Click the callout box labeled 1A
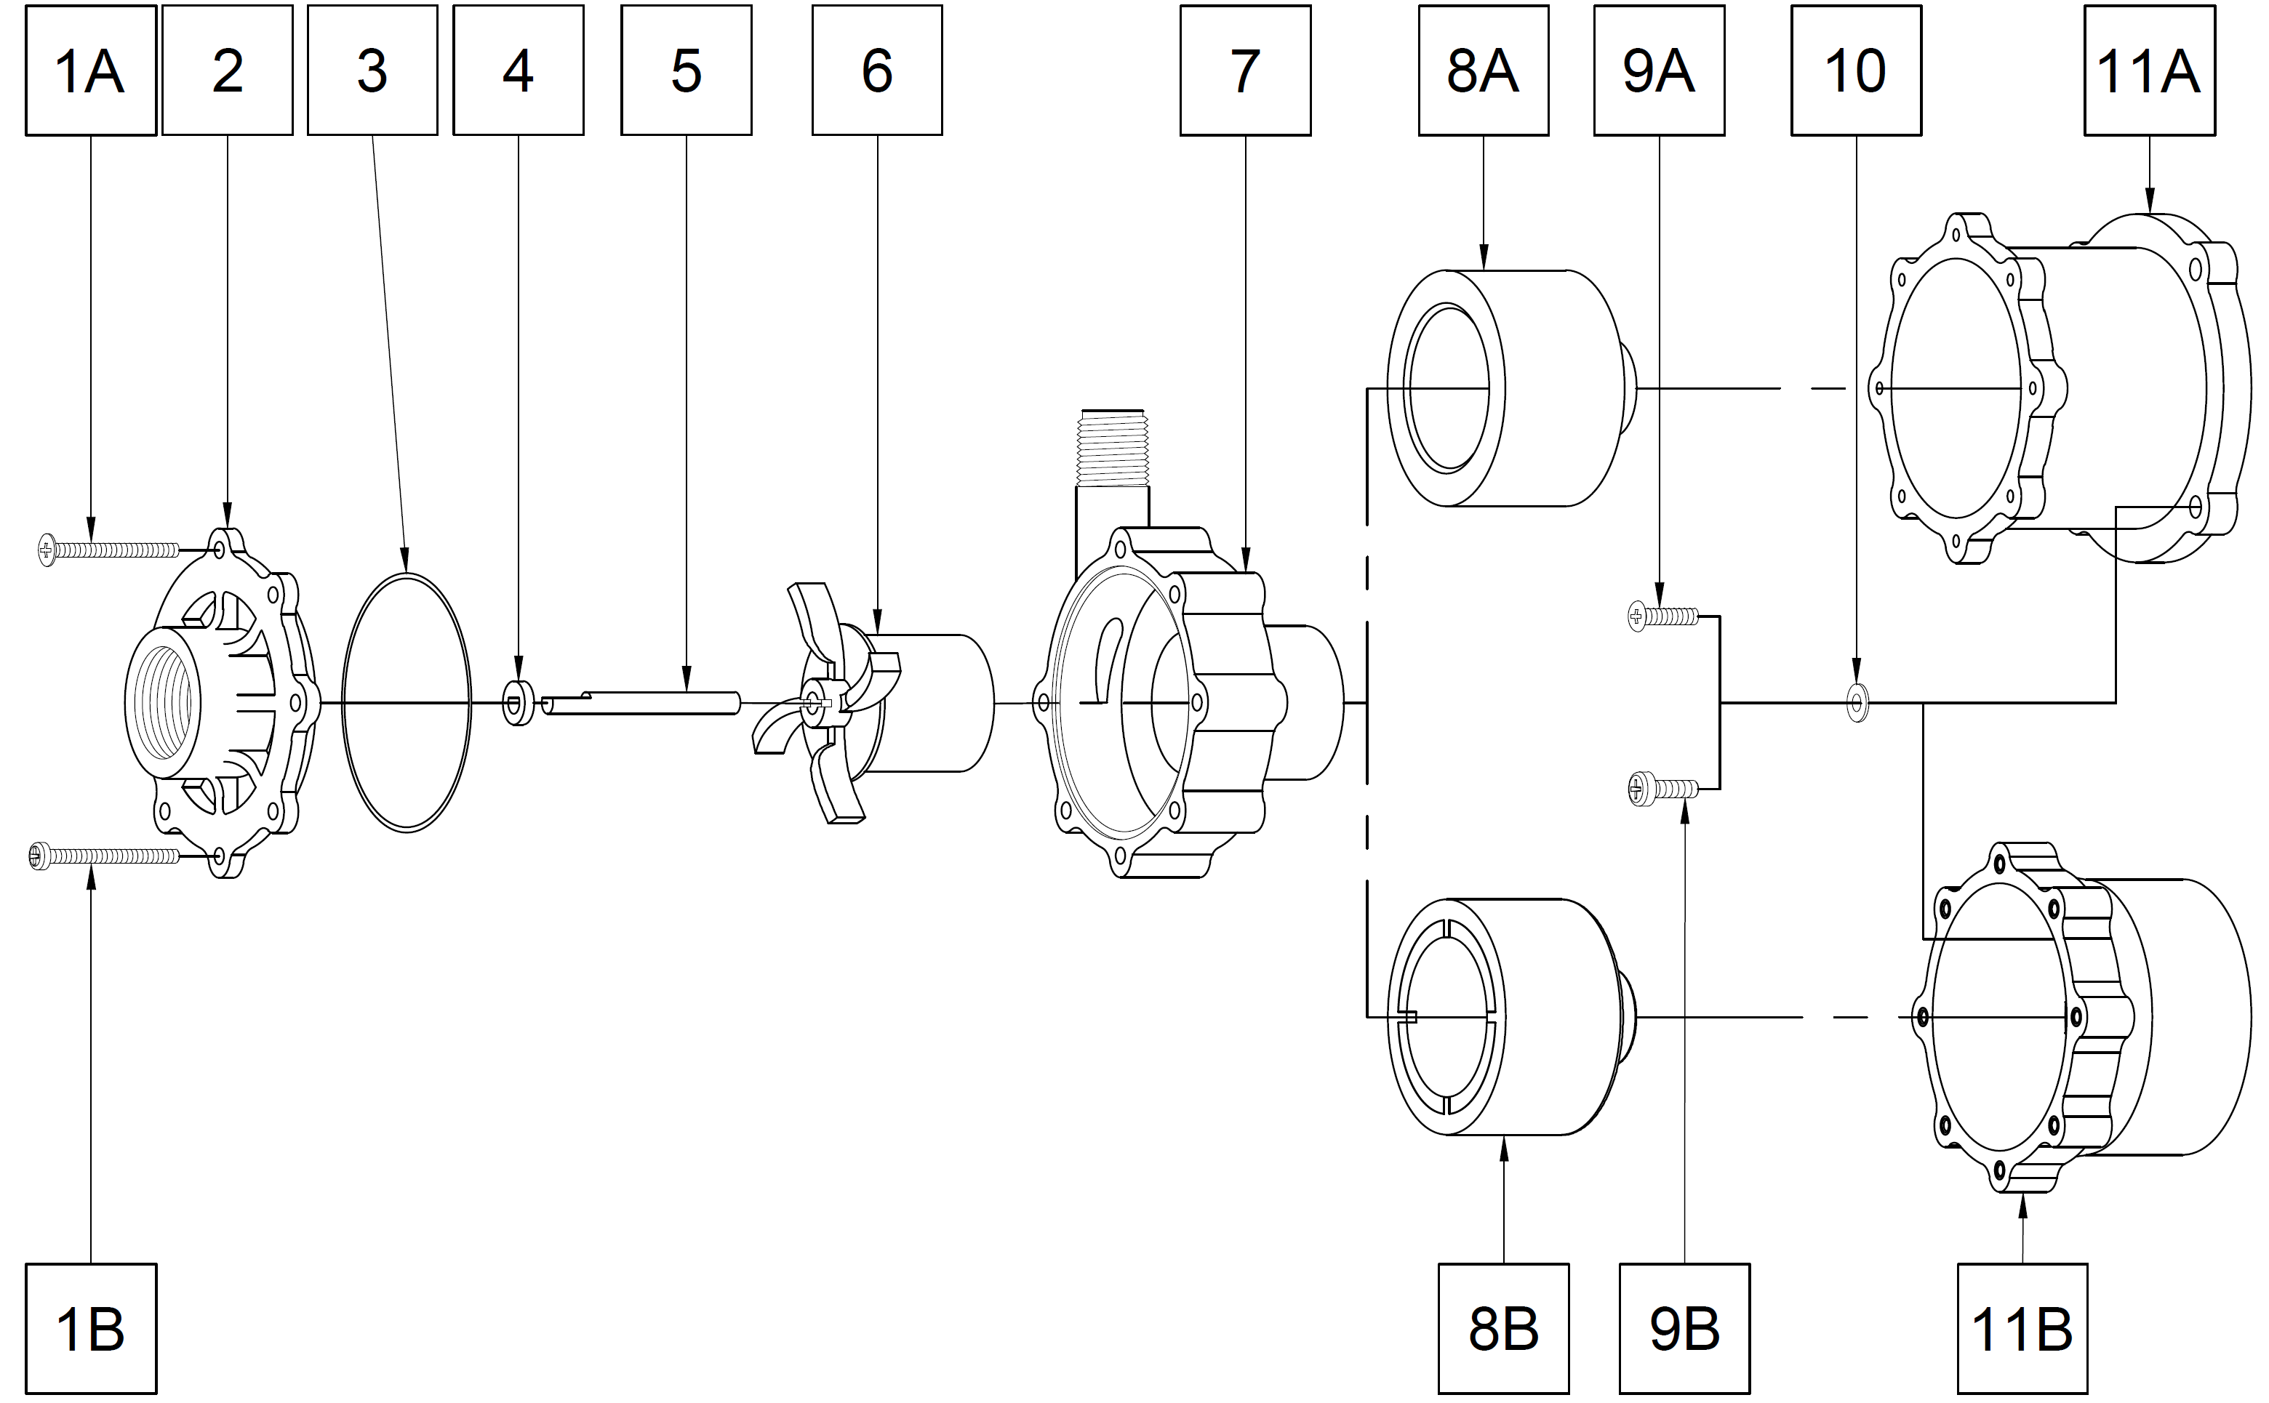[x=90, y=71]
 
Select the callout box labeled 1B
[x=90, y=1329]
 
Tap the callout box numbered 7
[x=1244, y=71]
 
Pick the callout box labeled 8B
[x=1503, y=1329]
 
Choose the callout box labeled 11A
[x=2149, y=71]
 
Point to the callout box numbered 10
[x=1856, y=71]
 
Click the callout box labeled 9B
[x=1684, y=1329]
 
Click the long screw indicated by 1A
[x=108, y=550]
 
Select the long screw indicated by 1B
[x=104, y=855]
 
